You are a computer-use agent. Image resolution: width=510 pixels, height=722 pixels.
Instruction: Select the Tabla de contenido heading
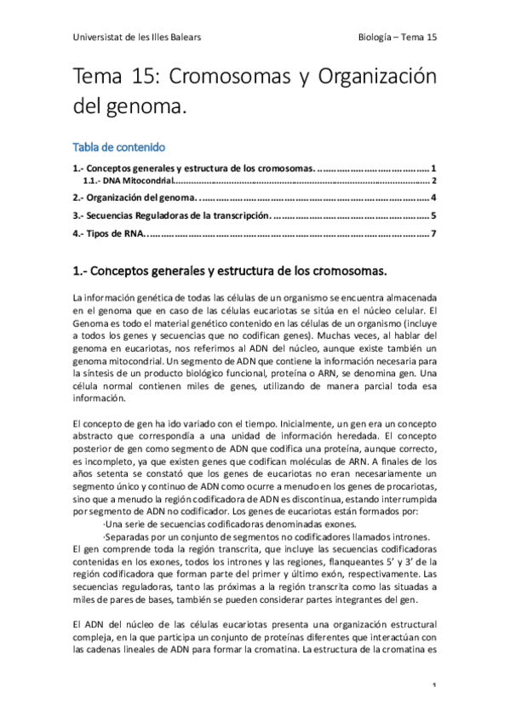coord(118,147)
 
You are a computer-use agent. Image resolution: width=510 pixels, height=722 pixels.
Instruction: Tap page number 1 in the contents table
coord(433,169)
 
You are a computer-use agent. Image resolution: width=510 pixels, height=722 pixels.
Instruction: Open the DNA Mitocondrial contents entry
coord(128,180)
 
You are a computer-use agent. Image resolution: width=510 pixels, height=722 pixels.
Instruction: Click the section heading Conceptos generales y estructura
coord(230,272)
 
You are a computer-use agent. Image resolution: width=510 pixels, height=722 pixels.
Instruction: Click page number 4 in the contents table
coord(433,198)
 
